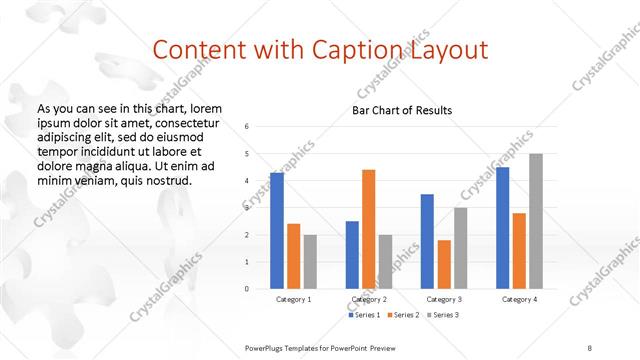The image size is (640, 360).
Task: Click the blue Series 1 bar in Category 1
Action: [277, 231]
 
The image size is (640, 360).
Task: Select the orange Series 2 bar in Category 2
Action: [368, 229]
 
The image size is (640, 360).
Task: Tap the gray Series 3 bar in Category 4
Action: [536, 221]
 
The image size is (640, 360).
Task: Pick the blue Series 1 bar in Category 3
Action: [427, 241]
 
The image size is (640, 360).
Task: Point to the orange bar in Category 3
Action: [444, 264]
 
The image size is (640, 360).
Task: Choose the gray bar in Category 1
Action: [310, 262]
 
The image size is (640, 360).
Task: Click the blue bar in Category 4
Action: [502, 228]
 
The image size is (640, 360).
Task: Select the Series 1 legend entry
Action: [364, 315]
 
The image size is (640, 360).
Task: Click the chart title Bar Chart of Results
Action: [402, 110]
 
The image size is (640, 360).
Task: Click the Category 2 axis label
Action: [369, 299]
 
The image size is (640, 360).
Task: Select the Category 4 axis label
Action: [519, 299]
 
